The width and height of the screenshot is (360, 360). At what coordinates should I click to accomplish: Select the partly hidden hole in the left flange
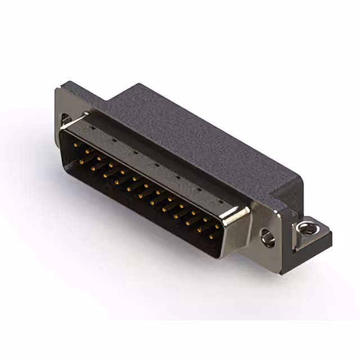[66, 120]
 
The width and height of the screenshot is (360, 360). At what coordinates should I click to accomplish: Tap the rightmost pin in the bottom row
[211, 237]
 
